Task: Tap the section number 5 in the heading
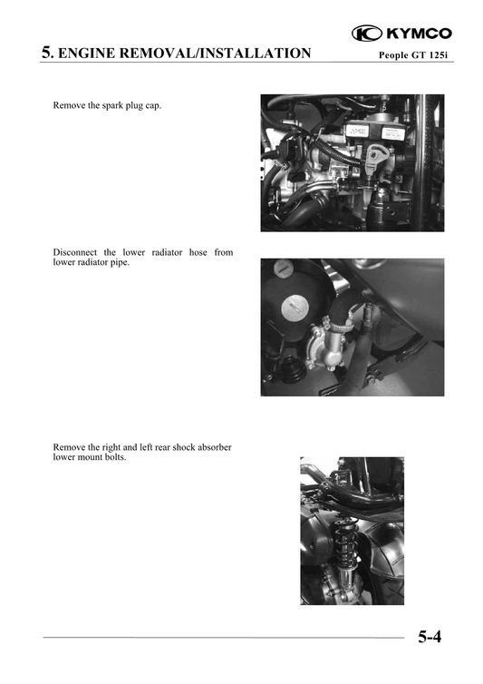coord(46,53)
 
